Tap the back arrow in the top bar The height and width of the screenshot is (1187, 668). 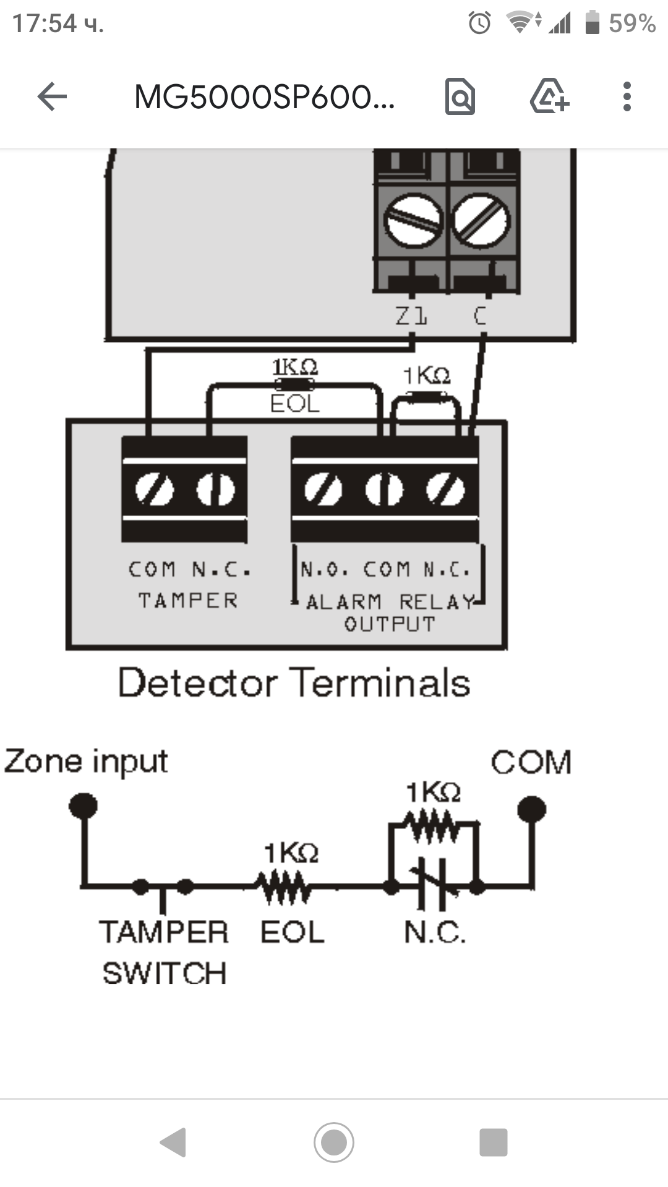point(52,97)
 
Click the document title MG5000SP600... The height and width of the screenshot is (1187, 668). point(264,97)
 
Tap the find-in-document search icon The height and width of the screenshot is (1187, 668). point(460,97)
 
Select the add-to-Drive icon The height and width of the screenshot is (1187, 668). point(549,96)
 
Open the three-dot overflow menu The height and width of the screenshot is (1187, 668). point(627,97)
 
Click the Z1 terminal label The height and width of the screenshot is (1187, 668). point(411,317)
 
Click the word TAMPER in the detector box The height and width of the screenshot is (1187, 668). point(188,600)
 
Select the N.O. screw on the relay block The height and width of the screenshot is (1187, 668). point(323,490)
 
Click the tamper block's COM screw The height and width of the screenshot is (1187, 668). point(154,490)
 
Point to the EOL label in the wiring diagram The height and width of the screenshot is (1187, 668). point(295,404)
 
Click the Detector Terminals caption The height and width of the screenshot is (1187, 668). point(294,683)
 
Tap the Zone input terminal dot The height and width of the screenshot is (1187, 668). point(83,806)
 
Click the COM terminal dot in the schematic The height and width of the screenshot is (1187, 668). point(531,809)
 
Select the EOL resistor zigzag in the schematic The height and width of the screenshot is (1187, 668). point(285,887)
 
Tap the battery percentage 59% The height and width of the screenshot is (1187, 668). point(632,23)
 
